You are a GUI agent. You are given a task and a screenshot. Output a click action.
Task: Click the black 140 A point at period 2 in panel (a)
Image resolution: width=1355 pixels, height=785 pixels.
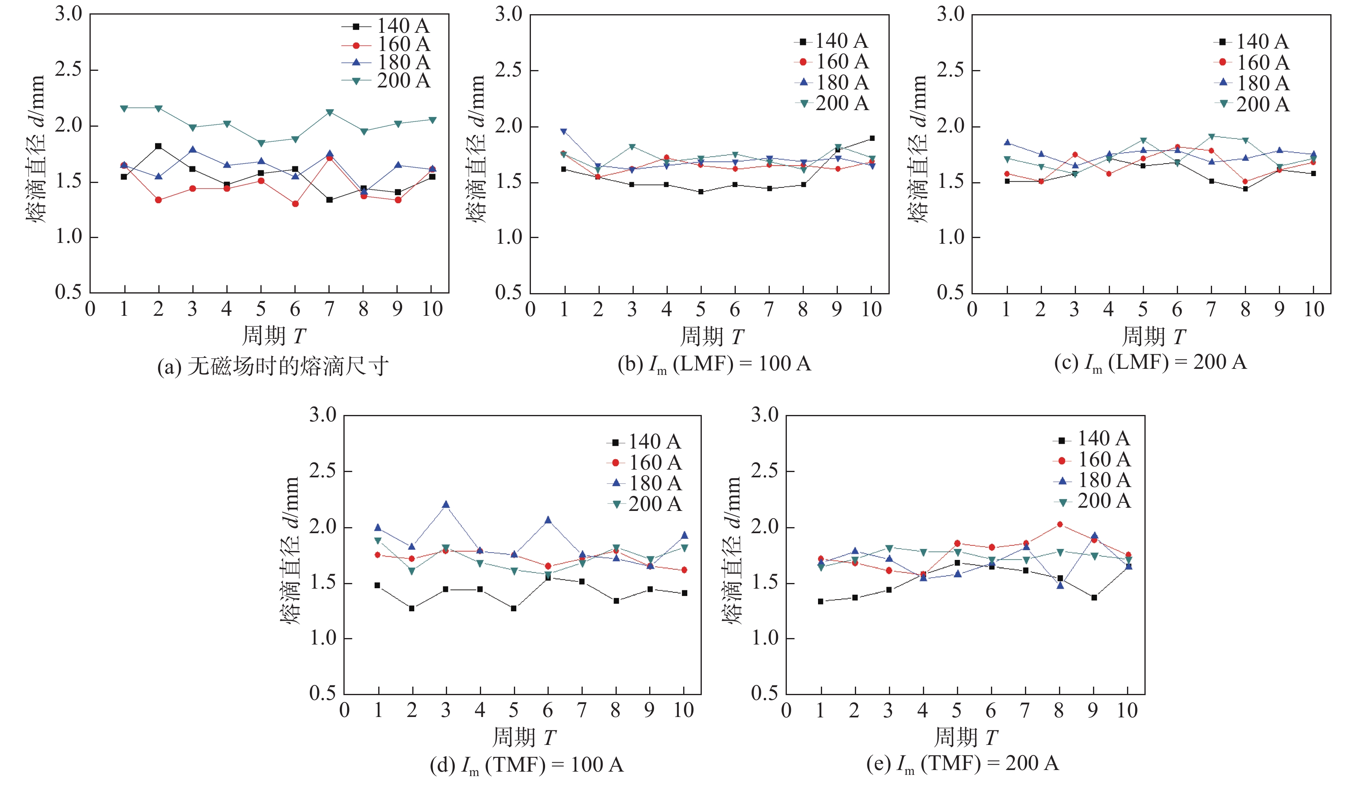coord(158,146)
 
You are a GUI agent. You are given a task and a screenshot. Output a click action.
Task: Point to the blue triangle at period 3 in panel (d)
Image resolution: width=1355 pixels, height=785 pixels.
coord(446,504)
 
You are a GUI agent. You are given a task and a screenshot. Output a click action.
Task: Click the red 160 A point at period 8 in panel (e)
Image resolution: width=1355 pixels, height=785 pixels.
coord(1060,524)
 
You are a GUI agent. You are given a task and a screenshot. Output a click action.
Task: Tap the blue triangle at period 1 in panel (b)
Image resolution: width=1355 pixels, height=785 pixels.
coord(564,131)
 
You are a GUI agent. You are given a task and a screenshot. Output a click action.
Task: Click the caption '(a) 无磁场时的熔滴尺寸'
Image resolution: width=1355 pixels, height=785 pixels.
coord(273,367)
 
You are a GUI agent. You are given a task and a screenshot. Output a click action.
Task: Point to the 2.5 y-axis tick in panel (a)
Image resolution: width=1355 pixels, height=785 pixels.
coord(68,70)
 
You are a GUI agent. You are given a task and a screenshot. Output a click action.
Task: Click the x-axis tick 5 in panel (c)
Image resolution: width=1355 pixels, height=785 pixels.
coord(1143,309)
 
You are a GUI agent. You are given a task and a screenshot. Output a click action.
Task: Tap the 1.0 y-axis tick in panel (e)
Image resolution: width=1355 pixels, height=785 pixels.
coord(765,638)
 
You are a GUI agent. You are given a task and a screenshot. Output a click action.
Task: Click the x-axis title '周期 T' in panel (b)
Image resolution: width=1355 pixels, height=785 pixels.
coord(712,336)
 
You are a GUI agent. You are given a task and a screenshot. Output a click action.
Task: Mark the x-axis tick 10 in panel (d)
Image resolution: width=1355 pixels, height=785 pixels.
coord(684,710)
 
